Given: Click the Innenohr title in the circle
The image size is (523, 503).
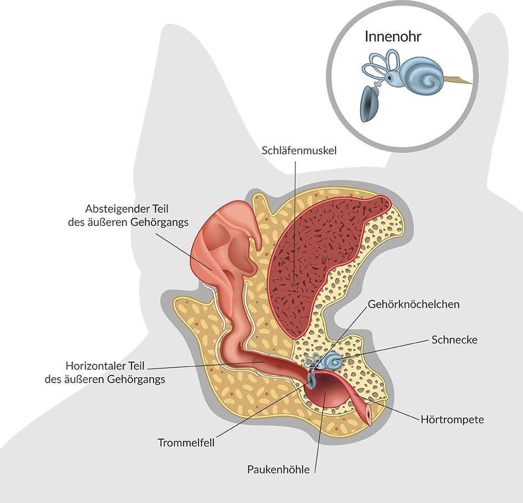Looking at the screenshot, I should pyautogui.click(x=393, y=37).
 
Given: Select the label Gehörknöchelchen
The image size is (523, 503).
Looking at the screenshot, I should pyautogui.click(x=414, y=304).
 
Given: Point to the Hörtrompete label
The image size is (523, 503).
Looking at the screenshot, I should pyautogui.click(x=452, y=419).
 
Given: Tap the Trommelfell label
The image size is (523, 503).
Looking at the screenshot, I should pyautogui.click(x=186, y=443).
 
